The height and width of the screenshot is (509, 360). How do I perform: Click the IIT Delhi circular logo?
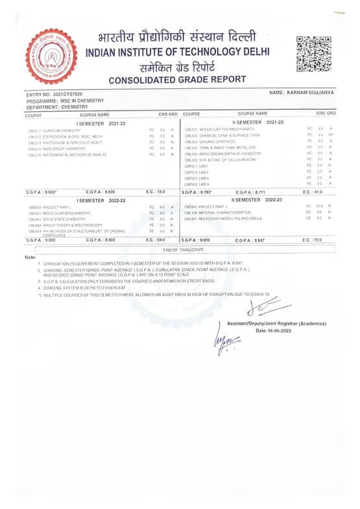click(51, 56)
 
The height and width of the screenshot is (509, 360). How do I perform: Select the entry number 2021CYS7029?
click(65, 95)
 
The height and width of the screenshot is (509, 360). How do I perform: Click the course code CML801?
click(190, 219)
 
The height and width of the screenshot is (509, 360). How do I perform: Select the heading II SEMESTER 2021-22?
click(258, 122)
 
